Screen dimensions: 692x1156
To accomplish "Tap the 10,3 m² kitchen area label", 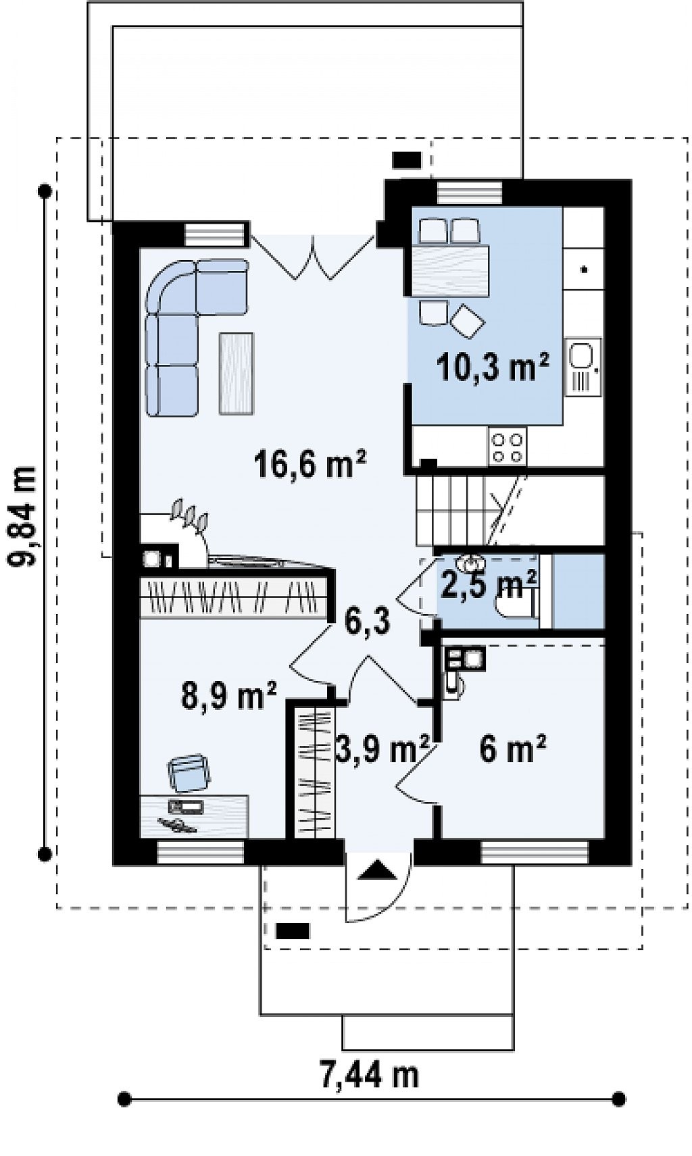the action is tap(492, 367).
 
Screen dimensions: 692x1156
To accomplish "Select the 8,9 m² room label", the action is tap(228, 695).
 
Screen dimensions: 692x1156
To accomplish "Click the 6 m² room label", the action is tap(512, 749).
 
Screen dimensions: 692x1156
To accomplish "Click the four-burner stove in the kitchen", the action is tap(508, 447).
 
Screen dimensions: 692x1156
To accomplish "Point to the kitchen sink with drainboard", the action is tap(583, 367).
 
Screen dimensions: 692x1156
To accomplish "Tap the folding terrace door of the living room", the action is tap(312, 257).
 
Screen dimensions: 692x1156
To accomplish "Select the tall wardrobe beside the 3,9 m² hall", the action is tap(314, 772).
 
